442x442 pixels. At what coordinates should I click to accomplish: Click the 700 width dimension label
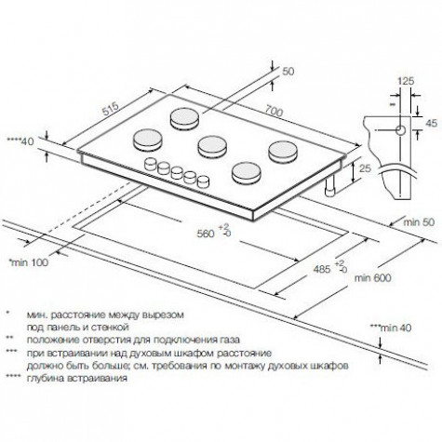tap(274, 112)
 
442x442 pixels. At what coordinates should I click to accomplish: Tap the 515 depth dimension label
tap(111, 109)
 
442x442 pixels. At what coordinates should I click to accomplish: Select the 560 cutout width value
tap(206, 234)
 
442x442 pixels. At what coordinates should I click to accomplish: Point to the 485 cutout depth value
tap(322, 269)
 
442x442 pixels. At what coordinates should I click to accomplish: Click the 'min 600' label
tap(372, 277)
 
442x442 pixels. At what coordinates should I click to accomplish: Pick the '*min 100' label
tap(29, 262)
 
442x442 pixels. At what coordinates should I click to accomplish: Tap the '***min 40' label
tap(391, 328)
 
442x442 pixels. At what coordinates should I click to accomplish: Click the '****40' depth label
tap(20, 141)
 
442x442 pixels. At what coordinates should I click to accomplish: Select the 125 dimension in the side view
tap(406, 81)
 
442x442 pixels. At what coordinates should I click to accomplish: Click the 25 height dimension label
tap(365, 168)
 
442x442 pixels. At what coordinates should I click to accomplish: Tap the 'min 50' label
tap(419, 222)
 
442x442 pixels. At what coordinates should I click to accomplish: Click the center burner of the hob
tap(212, 146)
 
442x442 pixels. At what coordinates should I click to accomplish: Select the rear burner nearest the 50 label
tap(185, 118)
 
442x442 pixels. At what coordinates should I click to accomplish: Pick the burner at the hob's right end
tap(283, 152)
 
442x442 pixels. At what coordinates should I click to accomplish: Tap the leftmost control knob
tap(151, 164)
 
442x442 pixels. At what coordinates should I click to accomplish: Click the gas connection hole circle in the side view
tap(401, 130)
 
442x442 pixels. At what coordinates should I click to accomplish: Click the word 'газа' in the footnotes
tap(229, 340)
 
